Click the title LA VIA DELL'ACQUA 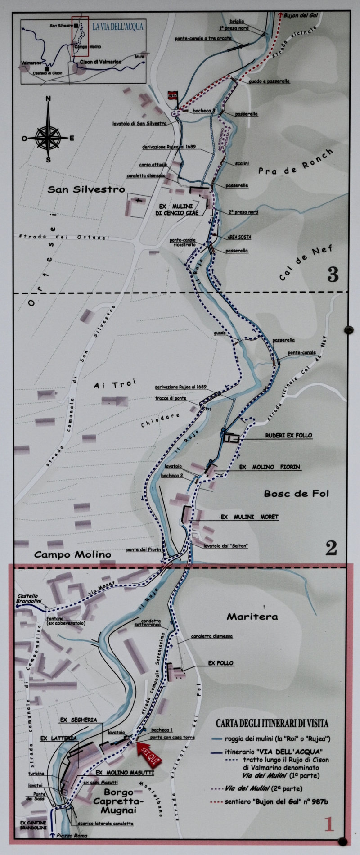[117, 27]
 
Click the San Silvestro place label [86, 190]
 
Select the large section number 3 [333, 274]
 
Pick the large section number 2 [331, 548]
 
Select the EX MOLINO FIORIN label [269, 467]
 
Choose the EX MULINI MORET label [250, 517]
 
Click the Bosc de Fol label [296, 494]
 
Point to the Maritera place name [252, 616]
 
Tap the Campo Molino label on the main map [72, 554]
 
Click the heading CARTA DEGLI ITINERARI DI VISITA [272, 724]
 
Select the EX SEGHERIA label [79, 720]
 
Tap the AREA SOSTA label [239, 237]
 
